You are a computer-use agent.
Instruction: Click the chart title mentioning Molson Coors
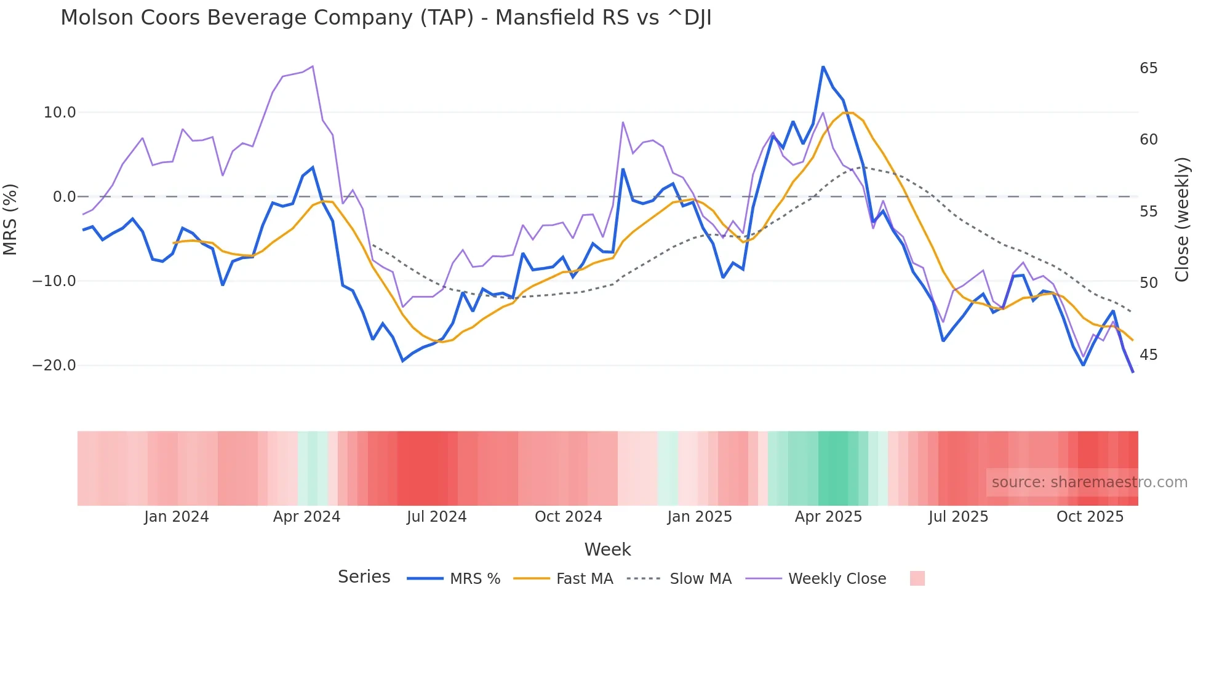pyautogui.click(x=386, y=18)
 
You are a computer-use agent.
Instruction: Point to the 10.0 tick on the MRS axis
pyautogui.click(x=60, y=113)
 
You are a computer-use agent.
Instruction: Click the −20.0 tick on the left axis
pyautogui.click(x=54, y=365)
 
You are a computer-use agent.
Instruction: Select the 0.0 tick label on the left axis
pyautogui.click(x=64, y=197)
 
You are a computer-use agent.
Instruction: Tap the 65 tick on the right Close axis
pyautogui.click(x=1148, y=68)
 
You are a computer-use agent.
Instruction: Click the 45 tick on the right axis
pyautogui.click(x=1148, y=355)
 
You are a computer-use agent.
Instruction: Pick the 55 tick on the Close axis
pyautogui.click(x=1148, y=212)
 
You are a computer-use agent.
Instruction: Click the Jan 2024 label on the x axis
pyautogui.click(x=177, y=517)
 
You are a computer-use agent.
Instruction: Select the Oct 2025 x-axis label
pyautogui.click(x=1090, y=517)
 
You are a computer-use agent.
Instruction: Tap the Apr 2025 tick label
pyautogui.click(x=828, y=517)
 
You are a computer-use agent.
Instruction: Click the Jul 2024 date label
pyautogui.click(x=436, y=517)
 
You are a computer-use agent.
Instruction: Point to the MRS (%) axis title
pyautogui.click(x=10, y=219)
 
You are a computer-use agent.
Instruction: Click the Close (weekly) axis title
pyautogui.click(x=1182, y=220)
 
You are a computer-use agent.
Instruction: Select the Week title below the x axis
pyautogui.click(x=607, y=549)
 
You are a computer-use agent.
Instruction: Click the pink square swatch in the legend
pyautogui.click(x=917, y=578)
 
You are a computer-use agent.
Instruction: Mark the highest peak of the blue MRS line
pyautogui.click(x=823, y=66)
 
